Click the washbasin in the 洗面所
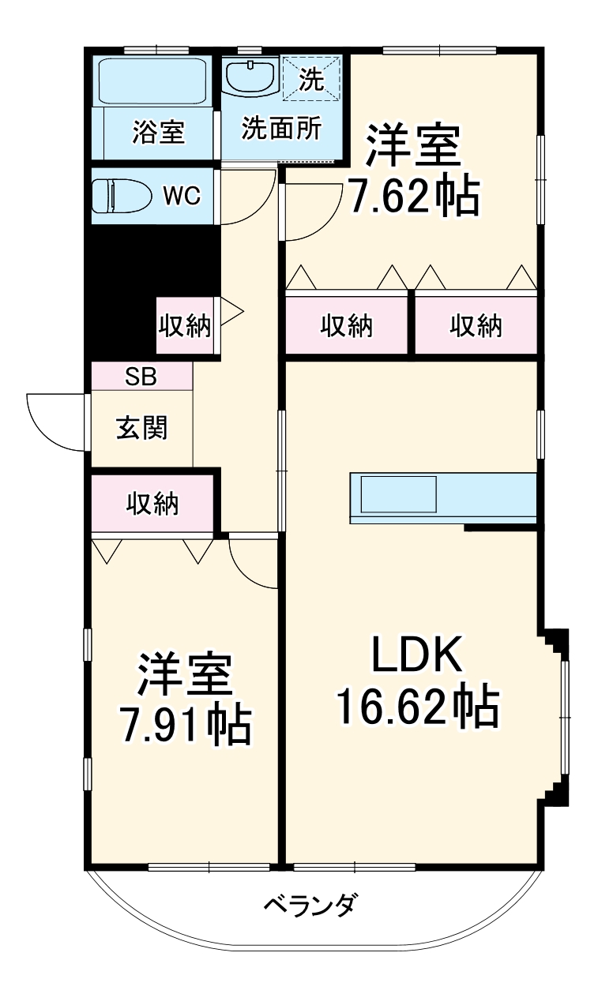coord(251,77)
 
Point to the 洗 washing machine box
coord(312,77)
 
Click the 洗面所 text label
coord(281,129)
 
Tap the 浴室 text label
coord(158,133)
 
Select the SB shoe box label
coord(141,377)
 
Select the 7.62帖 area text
coord(413,197)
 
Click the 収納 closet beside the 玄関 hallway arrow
coord(186,325)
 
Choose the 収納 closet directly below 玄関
coord(152,503)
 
